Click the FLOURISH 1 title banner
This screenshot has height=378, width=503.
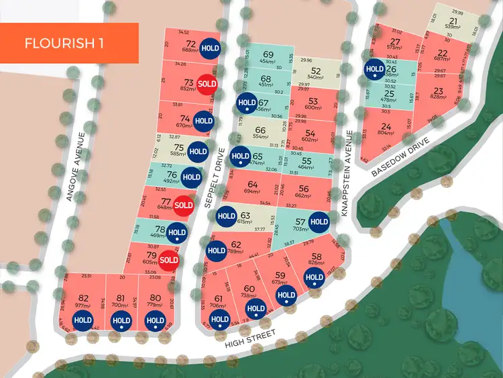pos(69,43)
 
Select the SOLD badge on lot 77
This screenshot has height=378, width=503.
pos(183,205)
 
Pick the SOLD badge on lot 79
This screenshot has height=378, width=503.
pos(168,260)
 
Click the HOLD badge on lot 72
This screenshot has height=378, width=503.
pos(211,48)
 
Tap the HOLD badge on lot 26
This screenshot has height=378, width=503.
pos(374,68)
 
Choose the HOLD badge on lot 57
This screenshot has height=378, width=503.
pos(319,222)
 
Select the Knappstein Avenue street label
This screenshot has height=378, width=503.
pos(346,171)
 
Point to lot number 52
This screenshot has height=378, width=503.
pos(316,70)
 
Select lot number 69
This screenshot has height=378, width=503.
pos(268,54)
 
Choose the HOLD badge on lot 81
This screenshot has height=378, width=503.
pos(121,321)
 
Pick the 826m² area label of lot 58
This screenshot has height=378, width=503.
pos(317,263)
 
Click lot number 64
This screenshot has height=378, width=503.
pos(252,185)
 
